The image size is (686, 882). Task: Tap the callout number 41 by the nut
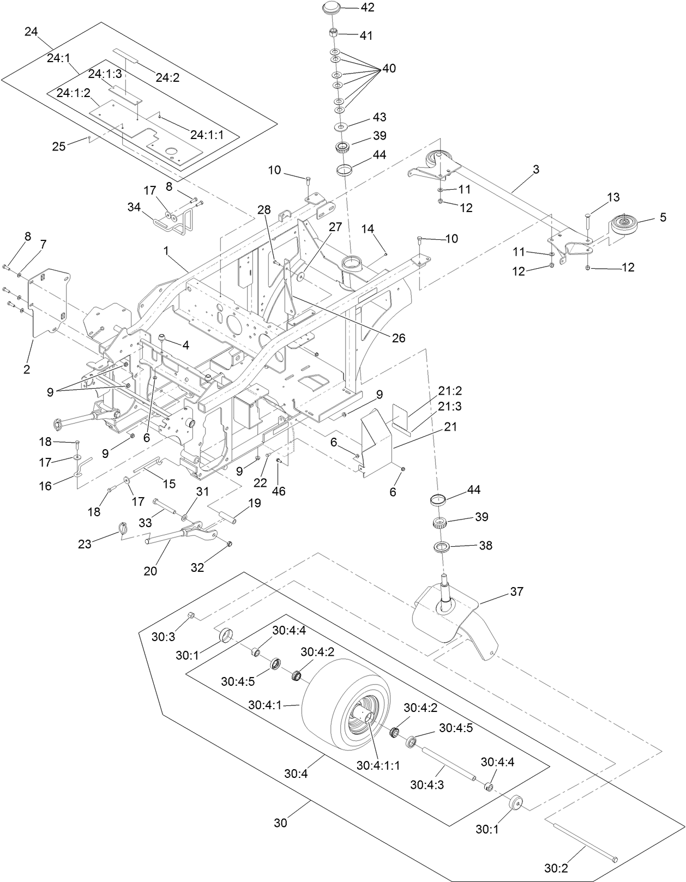coord(366,35)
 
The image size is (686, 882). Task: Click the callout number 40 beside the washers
coord(389,69)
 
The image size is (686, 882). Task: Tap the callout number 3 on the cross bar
coord(536,170)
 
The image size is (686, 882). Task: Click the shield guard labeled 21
coord(376,439)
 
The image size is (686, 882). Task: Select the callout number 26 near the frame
coord(399,338)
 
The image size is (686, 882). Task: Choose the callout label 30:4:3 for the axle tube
coord(427,784)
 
